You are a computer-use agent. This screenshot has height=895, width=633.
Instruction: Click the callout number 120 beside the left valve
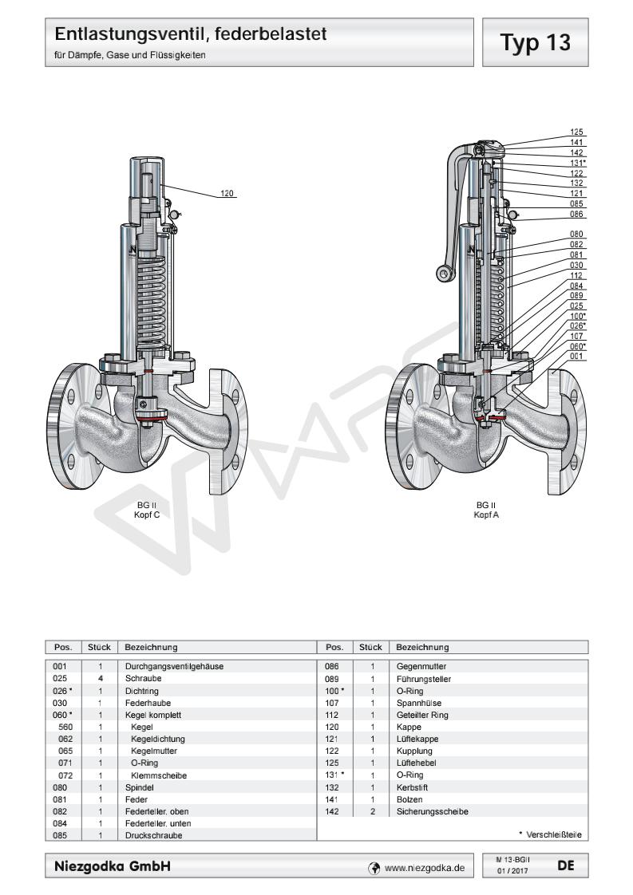(227, 192)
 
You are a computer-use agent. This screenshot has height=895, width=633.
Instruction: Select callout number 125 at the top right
(576, 132)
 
